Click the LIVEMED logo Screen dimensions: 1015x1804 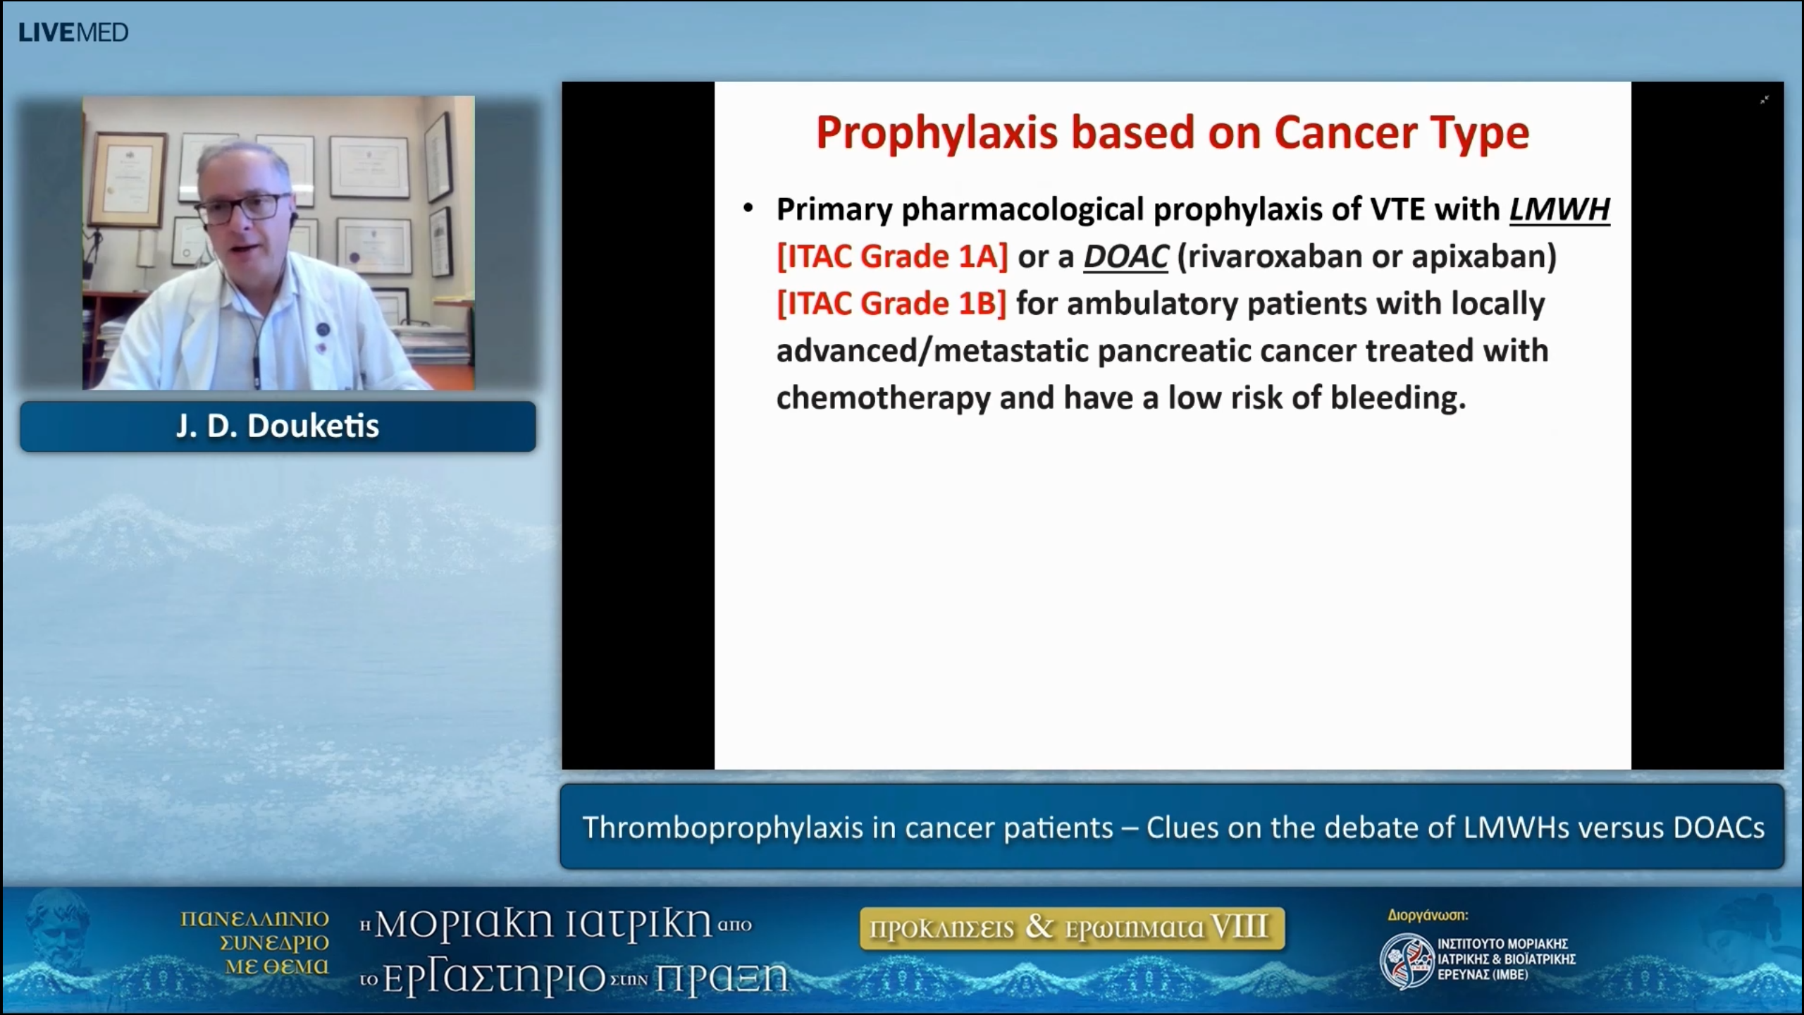73,32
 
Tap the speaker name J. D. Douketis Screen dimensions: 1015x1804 278,426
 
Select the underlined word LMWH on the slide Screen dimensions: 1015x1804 1559,209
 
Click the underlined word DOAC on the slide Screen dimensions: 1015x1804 1125,257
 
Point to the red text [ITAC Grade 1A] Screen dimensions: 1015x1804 892,257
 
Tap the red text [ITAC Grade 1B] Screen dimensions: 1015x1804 891,304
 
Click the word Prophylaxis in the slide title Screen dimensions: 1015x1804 937,133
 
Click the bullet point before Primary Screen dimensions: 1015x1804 748,209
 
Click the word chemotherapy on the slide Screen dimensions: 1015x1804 884,398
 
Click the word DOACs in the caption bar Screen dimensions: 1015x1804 1719,828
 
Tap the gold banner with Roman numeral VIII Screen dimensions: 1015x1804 1072,928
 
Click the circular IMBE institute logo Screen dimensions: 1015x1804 1407,960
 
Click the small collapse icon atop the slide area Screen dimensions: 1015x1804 1765,100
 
